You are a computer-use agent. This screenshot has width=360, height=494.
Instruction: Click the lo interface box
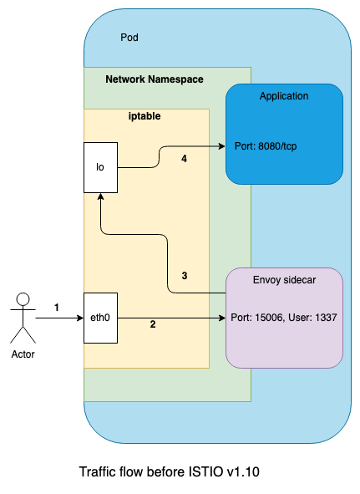tap(100, 167)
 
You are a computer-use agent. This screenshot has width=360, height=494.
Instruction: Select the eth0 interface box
tap(100, 318)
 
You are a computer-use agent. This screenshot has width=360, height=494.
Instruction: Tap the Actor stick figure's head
tap(23, 299)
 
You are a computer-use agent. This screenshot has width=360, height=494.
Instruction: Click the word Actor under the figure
tap(23, 354)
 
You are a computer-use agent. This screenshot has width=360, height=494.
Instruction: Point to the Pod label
tap(129, 38)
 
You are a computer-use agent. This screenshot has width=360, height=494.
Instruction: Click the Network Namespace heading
tap(155, 79)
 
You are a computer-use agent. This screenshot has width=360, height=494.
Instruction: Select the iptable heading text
tap(145, 116)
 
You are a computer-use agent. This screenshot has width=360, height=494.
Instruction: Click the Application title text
tap(284, 96)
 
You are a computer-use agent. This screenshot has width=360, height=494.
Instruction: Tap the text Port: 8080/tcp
tap(266, 146)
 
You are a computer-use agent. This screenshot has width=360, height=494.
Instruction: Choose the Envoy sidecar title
tap(284, 280)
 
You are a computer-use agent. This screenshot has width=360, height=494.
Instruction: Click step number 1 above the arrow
tap(57, 307)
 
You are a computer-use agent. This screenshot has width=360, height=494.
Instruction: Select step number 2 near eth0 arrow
tap(153, 324)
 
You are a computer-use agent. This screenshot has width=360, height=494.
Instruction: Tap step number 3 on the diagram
tap(185, 276)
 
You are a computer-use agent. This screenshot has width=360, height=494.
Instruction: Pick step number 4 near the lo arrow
tap(185, 159)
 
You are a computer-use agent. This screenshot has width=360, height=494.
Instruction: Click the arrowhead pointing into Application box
tap(222, 146)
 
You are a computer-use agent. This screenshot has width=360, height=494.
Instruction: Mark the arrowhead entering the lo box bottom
tap(100, 196)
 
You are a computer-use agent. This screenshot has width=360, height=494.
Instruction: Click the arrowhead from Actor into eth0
tap(80, 318)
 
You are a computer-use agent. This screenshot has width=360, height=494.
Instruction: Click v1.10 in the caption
tap(243, 472)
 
